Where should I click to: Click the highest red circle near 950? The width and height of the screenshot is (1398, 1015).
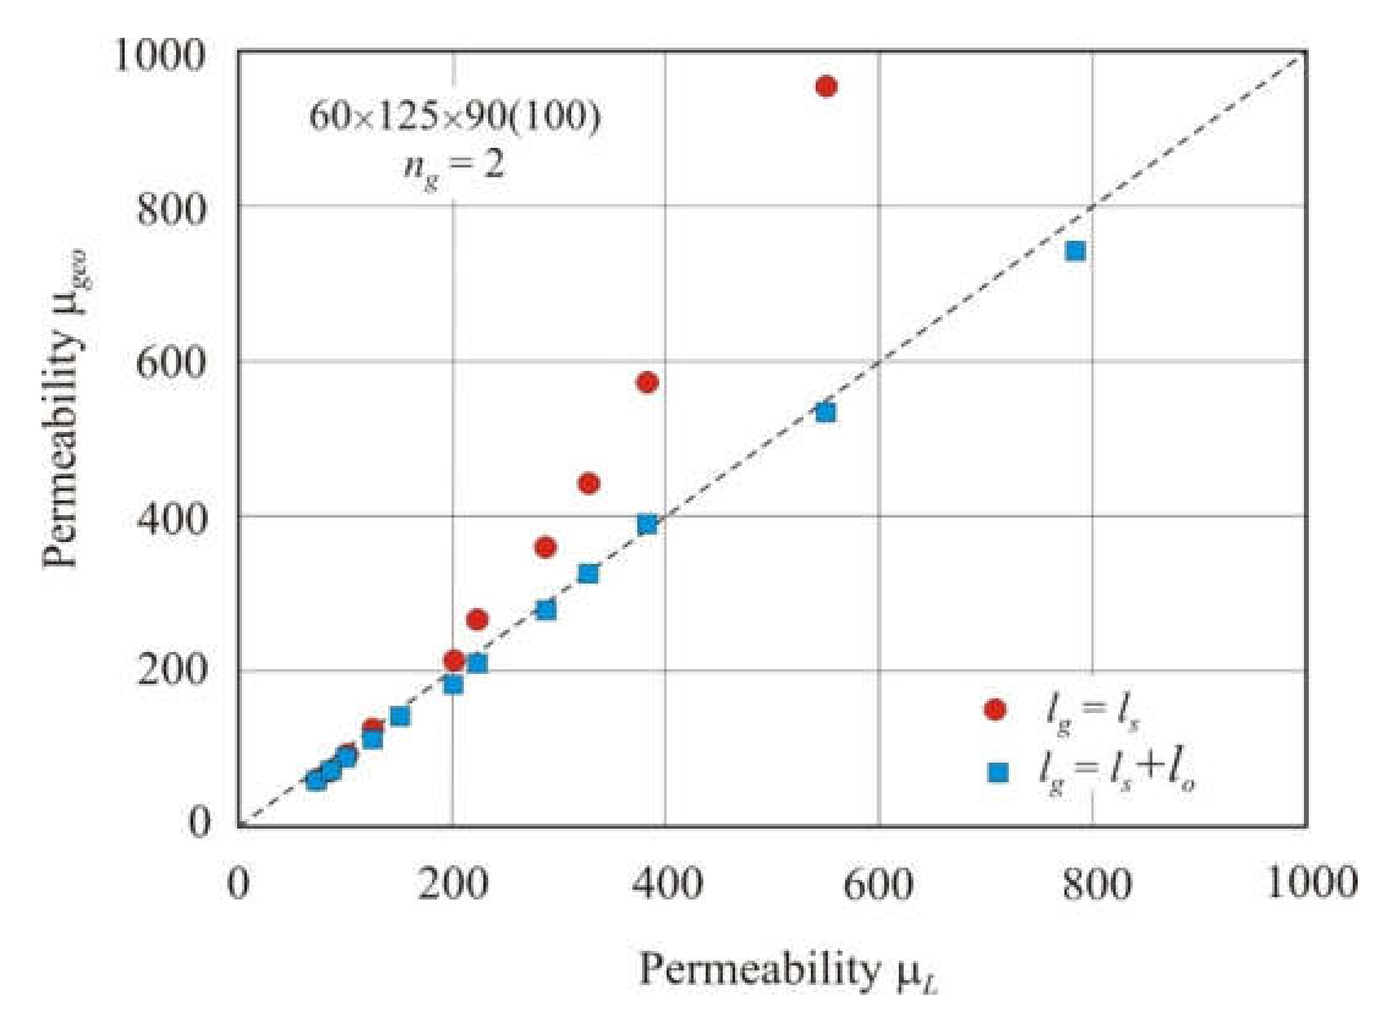click(826, 86)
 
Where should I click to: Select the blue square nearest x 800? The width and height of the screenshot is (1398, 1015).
click(1075, 251)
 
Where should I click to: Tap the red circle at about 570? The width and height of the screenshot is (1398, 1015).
click(646, 383)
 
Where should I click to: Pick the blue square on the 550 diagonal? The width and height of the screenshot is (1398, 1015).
click(826, 412)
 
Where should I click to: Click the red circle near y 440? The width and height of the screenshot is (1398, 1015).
click(588, 483)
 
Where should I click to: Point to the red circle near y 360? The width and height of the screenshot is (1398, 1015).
click(546, 547)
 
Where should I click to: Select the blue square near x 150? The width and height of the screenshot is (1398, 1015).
click(400, 716)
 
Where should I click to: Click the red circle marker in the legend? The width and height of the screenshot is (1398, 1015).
click(995, 709)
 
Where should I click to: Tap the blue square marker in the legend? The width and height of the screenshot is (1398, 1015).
click(998, 772)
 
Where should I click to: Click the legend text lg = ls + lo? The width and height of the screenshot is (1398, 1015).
click(1116, 774)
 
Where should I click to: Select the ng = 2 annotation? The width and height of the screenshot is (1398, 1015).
click(454, 166)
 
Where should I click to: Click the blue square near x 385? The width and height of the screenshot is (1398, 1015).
click(646, 525)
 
